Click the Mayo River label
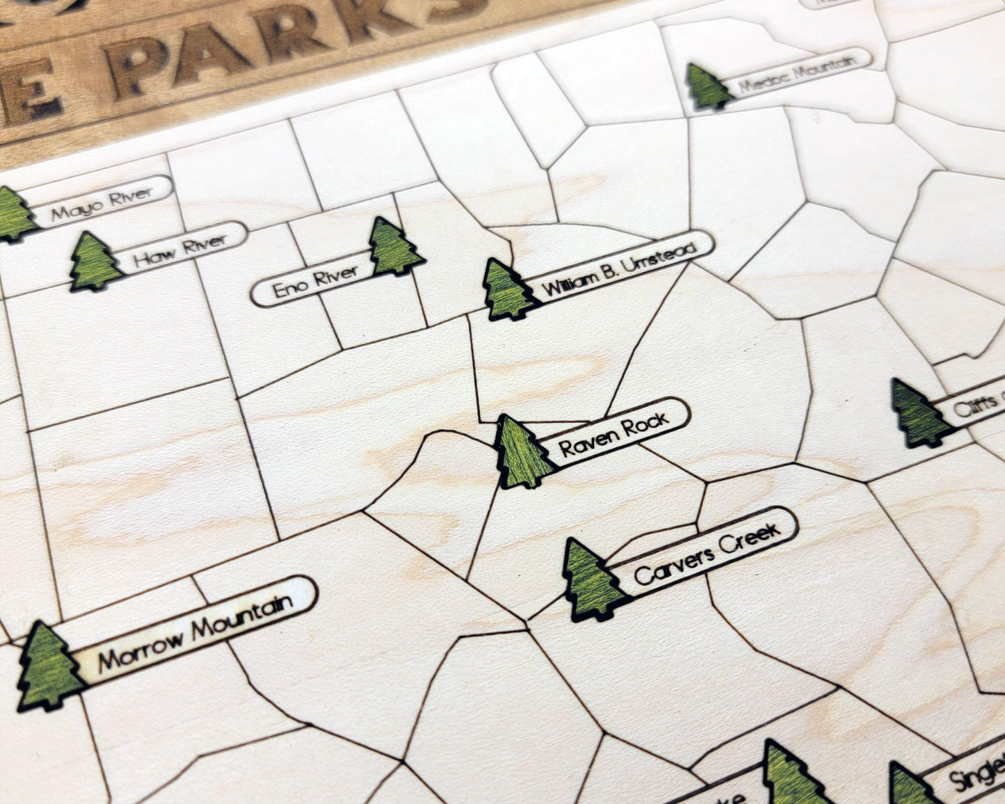[x=102, y=202]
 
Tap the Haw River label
[x=180, y=250]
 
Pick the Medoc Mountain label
[x=796, y=76]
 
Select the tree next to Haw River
[x=95, y=262]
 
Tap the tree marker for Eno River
[x=394, y=248]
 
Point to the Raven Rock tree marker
[x=524, y=453]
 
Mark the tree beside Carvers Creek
[x=592, y=581]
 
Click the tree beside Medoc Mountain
[x=707, y=87]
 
